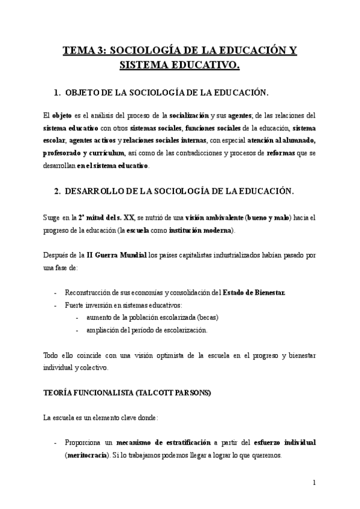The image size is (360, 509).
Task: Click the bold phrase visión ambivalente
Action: point(214,218)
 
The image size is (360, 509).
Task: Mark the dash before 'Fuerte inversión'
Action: point(56,305)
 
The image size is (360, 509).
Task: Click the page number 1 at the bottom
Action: point(314,482)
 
